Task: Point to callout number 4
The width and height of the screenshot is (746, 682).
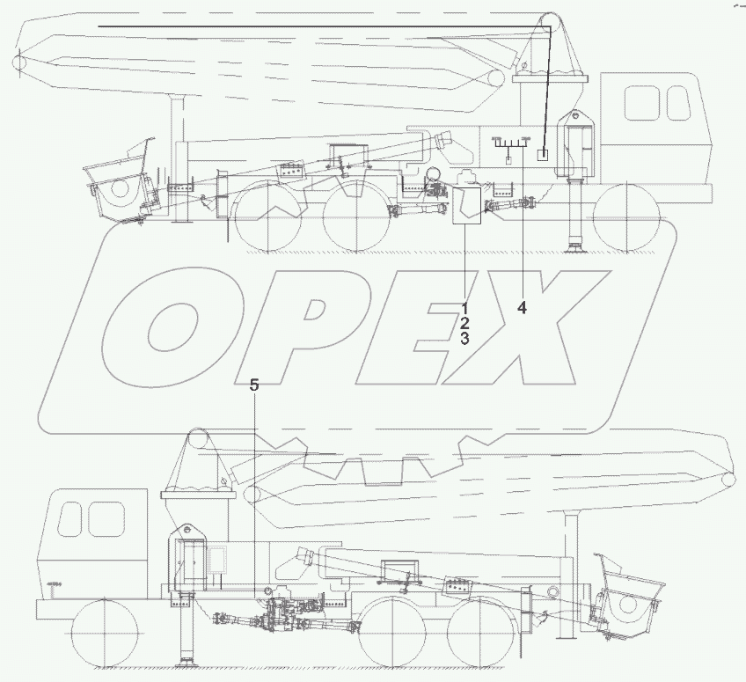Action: (522, 307)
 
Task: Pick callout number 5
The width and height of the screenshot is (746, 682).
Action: (254, 385)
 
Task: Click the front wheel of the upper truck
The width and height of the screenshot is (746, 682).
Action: (627, 217)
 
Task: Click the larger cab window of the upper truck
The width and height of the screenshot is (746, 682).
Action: (641, 104)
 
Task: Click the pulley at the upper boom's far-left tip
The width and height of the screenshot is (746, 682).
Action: (19, 62)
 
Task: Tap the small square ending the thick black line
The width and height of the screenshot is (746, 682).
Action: (544, 154)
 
